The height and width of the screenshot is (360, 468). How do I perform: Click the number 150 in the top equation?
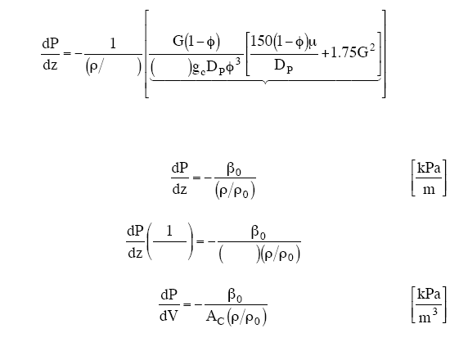tap(261, 41)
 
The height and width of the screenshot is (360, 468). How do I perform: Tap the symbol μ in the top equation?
tap(313, 43)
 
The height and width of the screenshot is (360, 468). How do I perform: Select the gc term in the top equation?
tap(199, 69)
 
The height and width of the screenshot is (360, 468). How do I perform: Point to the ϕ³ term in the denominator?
tap(233, 67)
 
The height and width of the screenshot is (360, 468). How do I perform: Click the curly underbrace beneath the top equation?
tap(265, 81)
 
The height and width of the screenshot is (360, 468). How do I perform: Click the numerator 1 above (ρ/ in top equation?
tap(113, 44)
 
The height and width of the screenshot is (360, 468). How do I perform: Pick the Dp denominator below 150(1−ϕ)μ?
tap(284, 66)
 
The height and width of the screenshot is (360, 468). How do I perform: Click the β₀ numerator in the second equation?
tap(234, 169)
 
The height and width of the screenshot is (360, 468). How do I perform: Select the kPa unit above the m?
tap(429, 169)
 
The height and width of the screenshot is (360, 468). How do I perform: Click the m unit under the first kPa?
tap(429, 190)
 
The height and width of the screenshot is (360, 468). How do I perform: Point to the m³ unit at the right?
tap(428, 317)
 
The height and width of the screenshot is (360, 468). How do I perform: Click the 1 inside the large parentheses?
tap(169, 231)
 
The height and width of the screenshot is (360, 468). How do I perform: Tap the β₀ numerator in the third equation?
tap(259, 232)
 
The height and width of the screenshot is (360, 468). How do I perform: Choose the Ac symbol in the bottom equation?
tap(215, 317)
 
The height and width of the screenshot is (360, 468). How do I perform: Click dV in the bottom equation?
tap(169, 316)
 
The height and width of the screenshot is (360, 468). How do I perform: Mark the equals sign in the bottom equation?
tap(187, 304)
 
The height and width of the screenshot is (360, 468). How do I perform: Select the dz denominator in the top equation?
tap(50, 65)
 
